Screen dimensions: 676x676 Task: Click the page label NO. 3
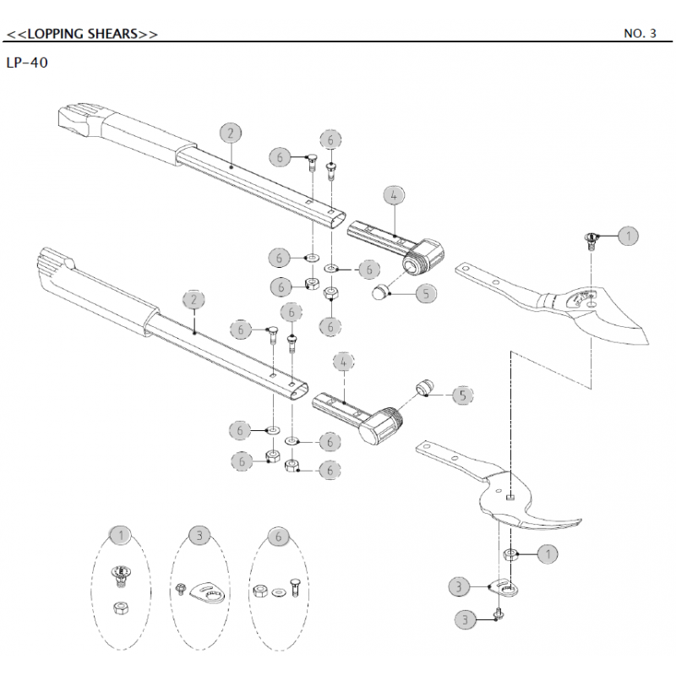pos(640,35)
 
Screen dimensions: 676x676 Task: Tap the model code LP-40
pos(26,63)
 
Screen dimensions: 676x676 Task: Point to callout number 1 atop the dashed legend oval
pos(123,535)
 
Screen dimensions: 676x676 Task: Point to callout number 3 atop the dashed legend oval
pos(199,535)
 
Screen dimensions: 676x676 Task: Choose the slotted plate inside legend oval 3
pos(207,591)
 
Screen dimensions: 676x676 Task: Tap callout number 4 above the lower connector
pos(344,361)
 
